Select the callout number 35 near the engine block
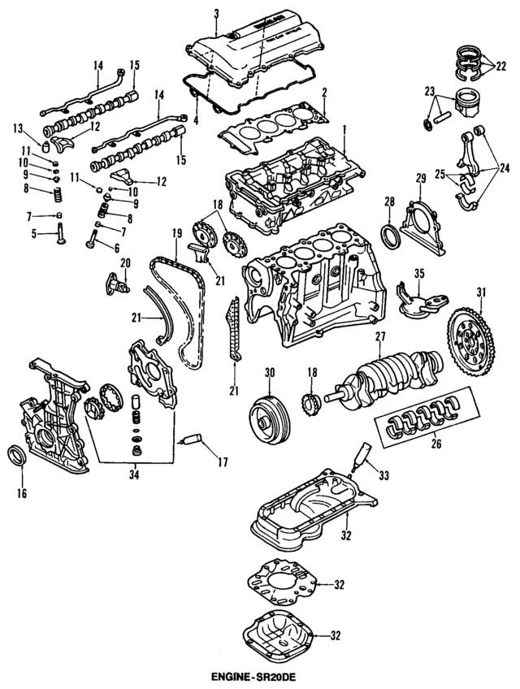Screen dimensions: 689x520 [x=419, y=273]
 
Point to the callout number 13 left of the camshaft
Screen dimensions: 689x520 [x=18, y=128]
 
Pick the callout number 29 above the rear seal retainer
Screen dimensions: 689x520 [x=420, y=178]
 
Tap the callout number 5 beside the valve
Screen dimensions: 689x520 [x=34, y=234]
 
